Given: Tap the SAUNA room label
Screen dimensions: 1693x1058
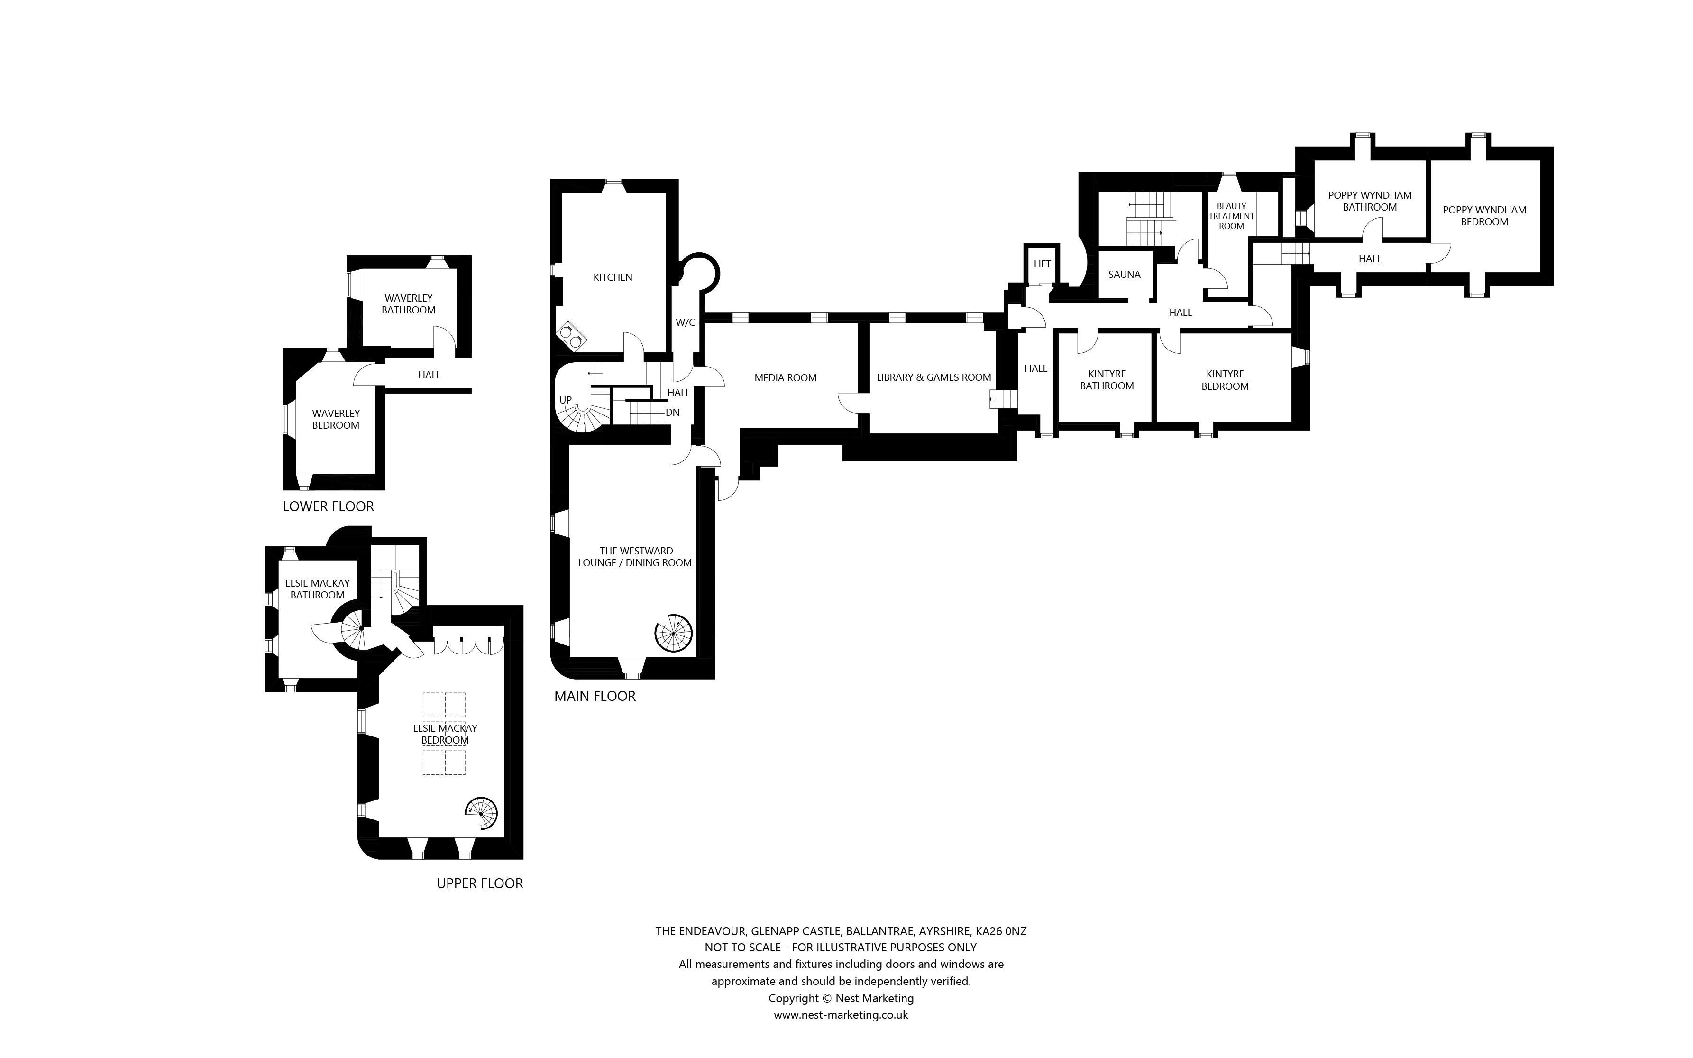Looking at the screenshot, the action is click(x=1124, y=274).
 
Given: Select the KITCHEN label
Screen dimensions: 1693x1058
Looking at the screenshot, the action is click(x=613, y=277).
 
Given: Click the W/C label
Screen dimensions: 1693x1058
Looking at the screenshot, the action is click(x=685, y=322).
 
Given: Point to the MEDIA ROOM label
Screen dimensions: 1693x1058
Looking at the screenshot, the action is click(x=786, y=378).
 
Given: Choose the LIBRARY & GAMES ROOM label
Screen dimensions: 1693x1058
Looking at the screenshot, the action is click(x=934, y=377).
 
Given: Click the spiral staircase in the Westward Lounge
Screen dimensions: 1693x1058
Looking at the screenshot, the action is click(x=673, y=633).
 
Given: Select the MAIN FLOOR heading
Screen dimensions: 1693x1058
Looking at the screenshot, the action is click(x=595, y=696).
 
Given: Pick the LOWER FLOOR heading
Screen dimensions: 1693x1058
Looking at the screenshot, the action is click(x=328, y=506).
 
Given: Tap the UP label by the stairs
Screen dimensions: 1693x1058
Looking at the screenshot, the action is click(x=565, y=400).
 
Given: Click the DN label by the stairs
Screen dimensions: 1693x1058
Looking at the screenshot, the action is click(x=672, y=413).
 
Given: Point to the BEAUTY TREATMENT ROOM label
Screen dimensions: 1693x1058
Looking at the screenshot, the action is click(x=1231, y=216).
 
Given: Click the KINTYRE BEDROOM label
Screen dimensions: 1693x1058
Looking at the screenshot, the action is click(x=1225, y=380).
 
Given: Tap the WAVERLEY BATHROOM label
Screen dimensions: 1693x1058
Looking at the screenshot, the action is click(x=409, y=304).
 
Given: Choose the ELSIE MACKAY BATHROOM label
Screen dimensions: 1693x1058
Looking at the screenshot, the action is click(x=318, y=589).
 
